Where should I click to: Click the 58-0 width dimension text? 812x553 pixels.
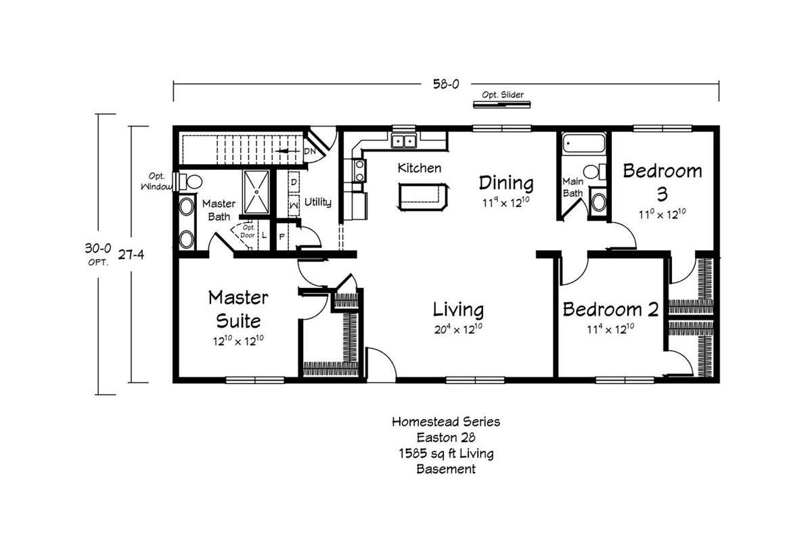[446, 84]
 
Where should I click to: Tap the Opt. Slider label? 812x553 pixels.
[502, 95]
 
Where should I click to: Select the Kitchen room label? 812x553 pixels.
[420, 168]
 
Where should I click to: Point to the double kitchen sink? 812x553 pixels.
[404, 141]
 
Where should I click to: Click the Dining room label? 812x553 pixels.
[506, 183]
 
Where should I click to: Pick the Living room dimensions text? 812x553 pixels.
[458, 329]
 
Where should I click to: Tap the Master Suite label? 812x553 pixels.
[238, 308]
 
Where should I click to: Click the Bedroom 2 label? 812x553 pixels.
[610, 310]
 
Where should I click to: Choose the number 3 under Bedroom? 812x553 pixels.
[662, 194]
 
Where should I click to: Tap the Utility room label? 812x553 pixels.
[317, 202]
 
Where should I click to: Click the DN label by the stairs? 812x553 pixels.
[310, 151]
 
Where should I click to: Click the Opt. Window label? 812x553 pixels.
[156, 181]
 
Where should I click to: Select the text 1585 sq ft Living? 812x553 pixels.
[446, 453]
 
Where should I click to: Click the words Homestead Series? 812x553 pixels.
[446, 421]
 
